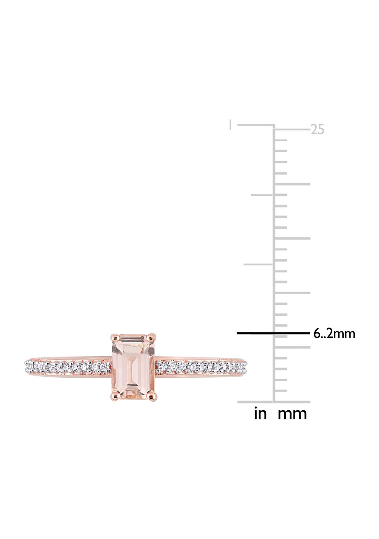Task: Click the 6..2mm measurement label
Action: tap(334, 334)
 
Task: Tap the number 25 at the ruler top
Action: tap(317, 130)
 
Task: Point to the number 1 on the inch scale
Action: tap(231, 125)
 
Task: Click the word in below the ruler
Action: tap(260, 414)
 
